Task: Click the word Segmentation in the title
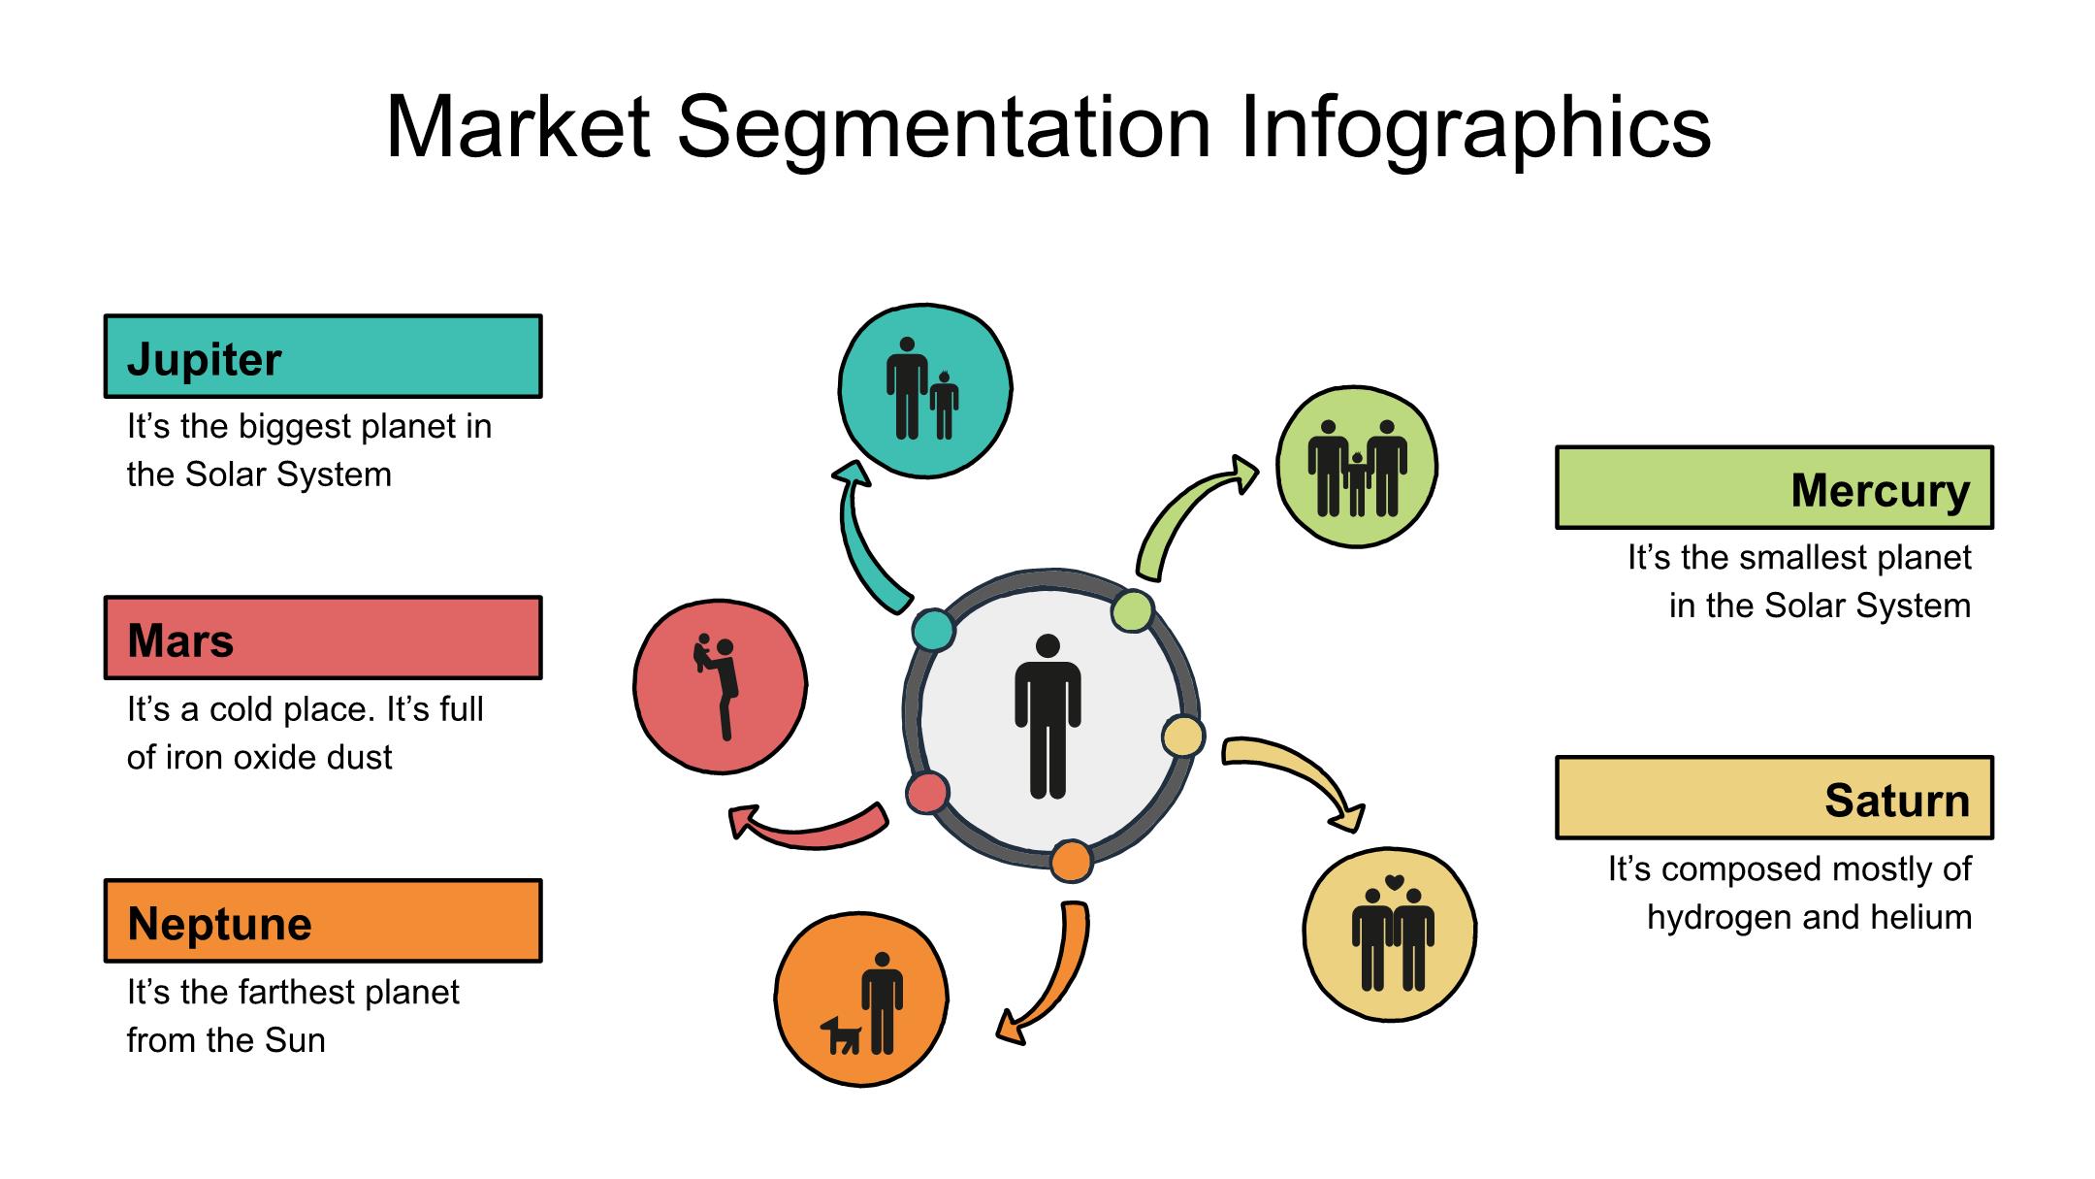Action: pos(944,127)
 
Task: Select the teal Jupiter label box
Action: pos(323,356)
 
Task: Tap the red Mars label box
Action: pos(323,638)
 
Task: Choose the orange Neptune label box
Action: pos(323,921)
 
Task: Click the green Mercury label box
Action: pos(1774,487)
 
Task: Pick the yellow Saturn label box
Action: pos(1774,798)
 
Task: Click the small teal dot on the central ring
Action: pos(933,630)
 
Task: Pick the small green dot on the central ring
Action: pos(1132,611)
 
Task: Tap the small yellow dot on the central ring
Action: pos(1182,737)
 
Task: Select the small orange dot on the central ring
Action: pos(1071,861)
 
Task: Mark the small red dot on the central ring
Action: pos(927,792)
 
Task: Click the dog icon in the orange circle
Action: pos(841,1035)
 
